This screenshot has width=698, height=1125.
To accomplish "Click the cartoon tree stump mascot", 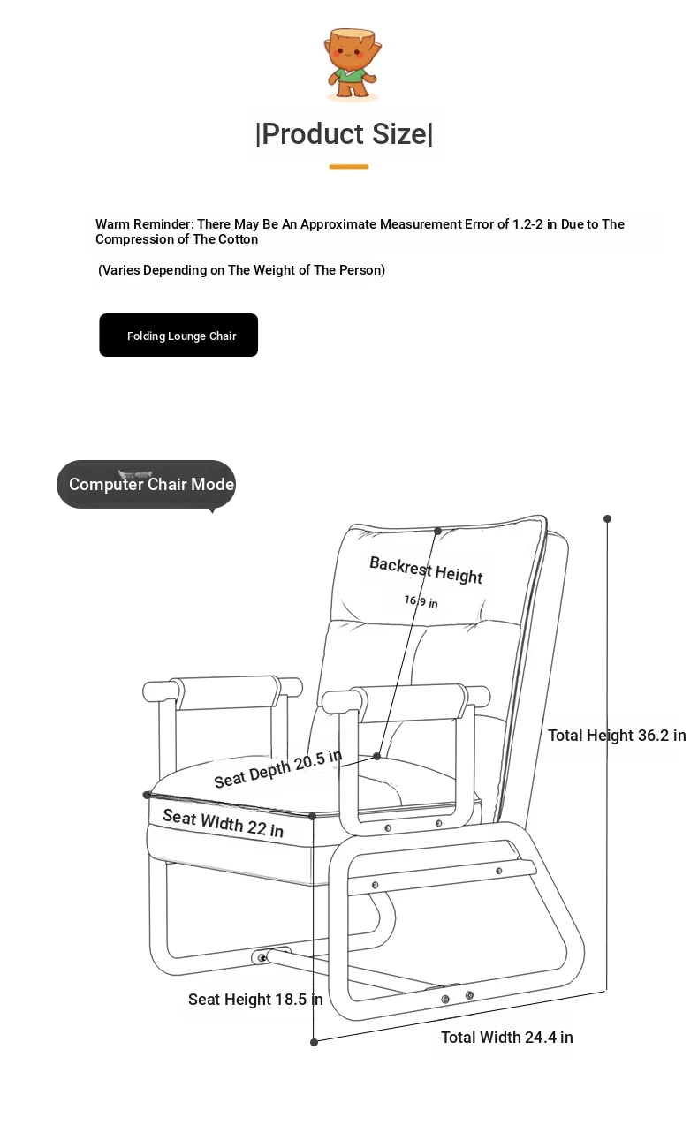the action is pyautogui.click(x=353, y=64).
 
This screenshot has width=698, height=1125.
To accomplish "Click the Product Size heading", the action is pyautogui.click(x=345, y=134).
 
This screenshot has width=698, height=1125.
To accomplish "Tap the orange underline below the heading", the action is pyautogui.click(x=349, y=166).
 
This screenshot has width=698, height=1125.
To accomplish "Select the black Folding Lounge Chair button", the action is pyautogui.click(x=178, y=335).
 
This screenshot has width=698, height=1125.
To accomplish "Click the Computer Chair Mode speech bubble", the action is pyautogui.click(x=146, y=484).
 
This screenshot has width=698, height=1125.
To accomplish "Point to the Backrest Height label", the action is pyautogui.click(x=426, y=570).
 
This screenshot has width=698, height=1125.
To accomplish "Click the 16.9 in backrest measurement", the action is pyautogui.click(x=421, y=601).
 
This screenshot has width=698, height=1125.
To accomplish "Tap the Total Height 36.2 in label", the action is pyautogui.click(x=617, y=736).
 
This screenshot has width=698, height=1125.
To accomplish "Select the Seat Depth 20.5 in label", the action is pyautogui.click(x=278, y=769).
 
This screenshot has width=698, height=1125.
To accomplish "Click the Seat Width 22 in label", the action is pyautogui.click(x=224, y=823).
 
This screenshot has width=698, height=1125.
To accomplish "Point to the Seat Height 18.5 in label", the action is pyautogui.click(x=255, y=999).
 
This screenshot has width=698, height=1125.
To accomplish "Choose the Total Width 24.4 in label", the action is pyautogui.click(x=507, y=1037).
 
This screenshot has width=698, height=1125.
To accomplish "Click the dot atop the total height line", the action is pyautogui.click(x=607, y=518).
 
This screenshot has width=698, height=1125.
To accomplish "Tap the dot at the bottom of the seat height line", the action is pyautogui.click(x=314, y=1042).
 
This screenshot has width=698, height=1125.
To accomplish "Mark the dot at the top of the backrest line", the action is pyautogui.click(x=437, y=531).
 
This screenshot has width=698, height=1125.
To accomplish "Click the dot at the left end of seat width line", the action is pyautogui.click(x=147, y=795).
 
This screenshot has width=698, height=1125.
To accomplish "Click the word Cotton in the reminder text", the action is pyautogui.click(x=239, y=239).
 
